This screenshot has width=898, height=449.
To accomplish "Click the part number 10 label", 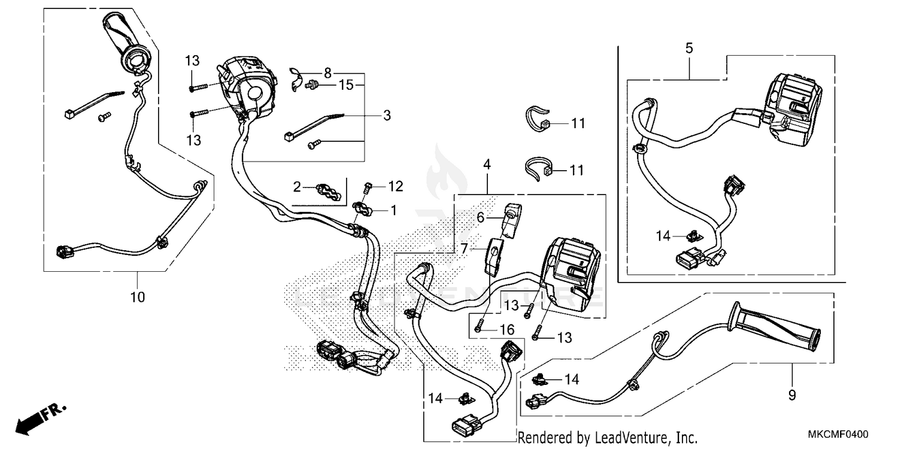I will tap(138, 296).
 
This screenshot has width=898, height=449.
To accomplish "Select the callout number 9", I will tap(792, 395).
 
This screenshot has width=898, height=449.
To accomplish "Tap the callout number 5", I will tap(689, 48).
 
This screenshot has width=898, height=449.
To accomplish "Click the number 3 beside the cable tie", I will tap(387, 116).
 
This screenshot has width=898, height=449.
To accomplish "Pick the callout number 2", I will tap(297, 188).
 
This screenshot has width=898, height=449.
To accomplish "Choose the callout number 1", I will tap(393, 210).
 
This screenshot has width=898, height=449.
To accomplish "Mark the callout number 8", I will tap(327, 73).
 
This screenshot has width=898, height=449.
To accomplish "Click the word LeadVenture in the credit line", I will tap(624, 438).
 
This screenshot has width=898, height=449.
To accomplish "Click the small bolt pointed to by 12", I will tap(369, 188).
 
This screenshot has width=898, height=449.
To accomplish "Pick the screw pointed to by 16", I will tap(479, 327).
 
